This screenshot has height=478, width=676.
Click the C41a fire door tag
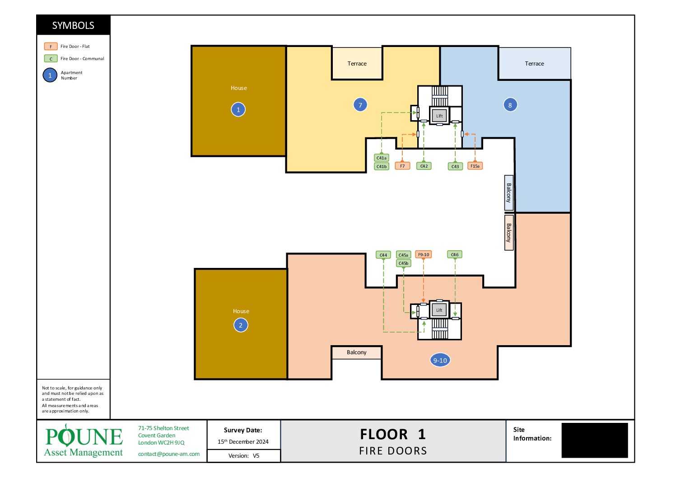coord(382,158)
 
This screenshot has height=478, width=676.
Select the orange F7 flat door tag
coord(402,166)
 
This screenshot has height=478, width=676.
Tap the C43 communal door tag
coord(455,166)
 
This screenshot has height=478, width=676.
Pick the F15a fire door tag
coord(475,166)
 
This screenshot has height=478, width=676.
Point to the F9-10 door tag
coord(424,254)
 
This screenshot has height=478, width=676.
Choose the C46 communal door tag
coord(454,254)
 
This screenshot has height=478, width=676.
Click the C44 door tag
coord(383,255)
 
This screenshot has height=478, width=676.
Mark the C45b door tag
coord(404,263)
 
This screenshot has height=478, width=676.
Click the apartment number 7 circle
coord(360,105)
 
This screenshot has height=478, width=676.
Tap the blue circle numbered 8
coord(510,105)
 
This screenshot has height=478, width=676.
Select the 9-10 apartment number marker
coord(440,360)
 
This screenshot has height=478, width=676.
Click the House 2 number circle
coord(241,325)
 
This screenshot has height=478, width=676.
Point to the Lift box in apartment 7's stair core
coord(439,116)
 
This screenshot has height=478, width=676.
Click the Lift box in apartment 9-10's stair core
coord(439,310)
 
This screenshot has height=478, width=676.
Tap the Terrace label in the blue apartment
coord(534,63)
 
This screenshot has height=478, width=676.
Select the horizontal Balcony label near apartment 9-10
coord(356,352)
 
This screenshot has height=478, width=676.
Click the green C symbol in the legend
coord(51,59)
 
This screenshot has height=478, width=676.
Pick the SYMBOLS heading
coord(73,25)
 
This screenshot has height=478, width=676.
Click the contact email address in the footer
coord(169,454)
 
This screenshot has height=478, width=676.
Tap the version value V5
coord(256,456)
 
